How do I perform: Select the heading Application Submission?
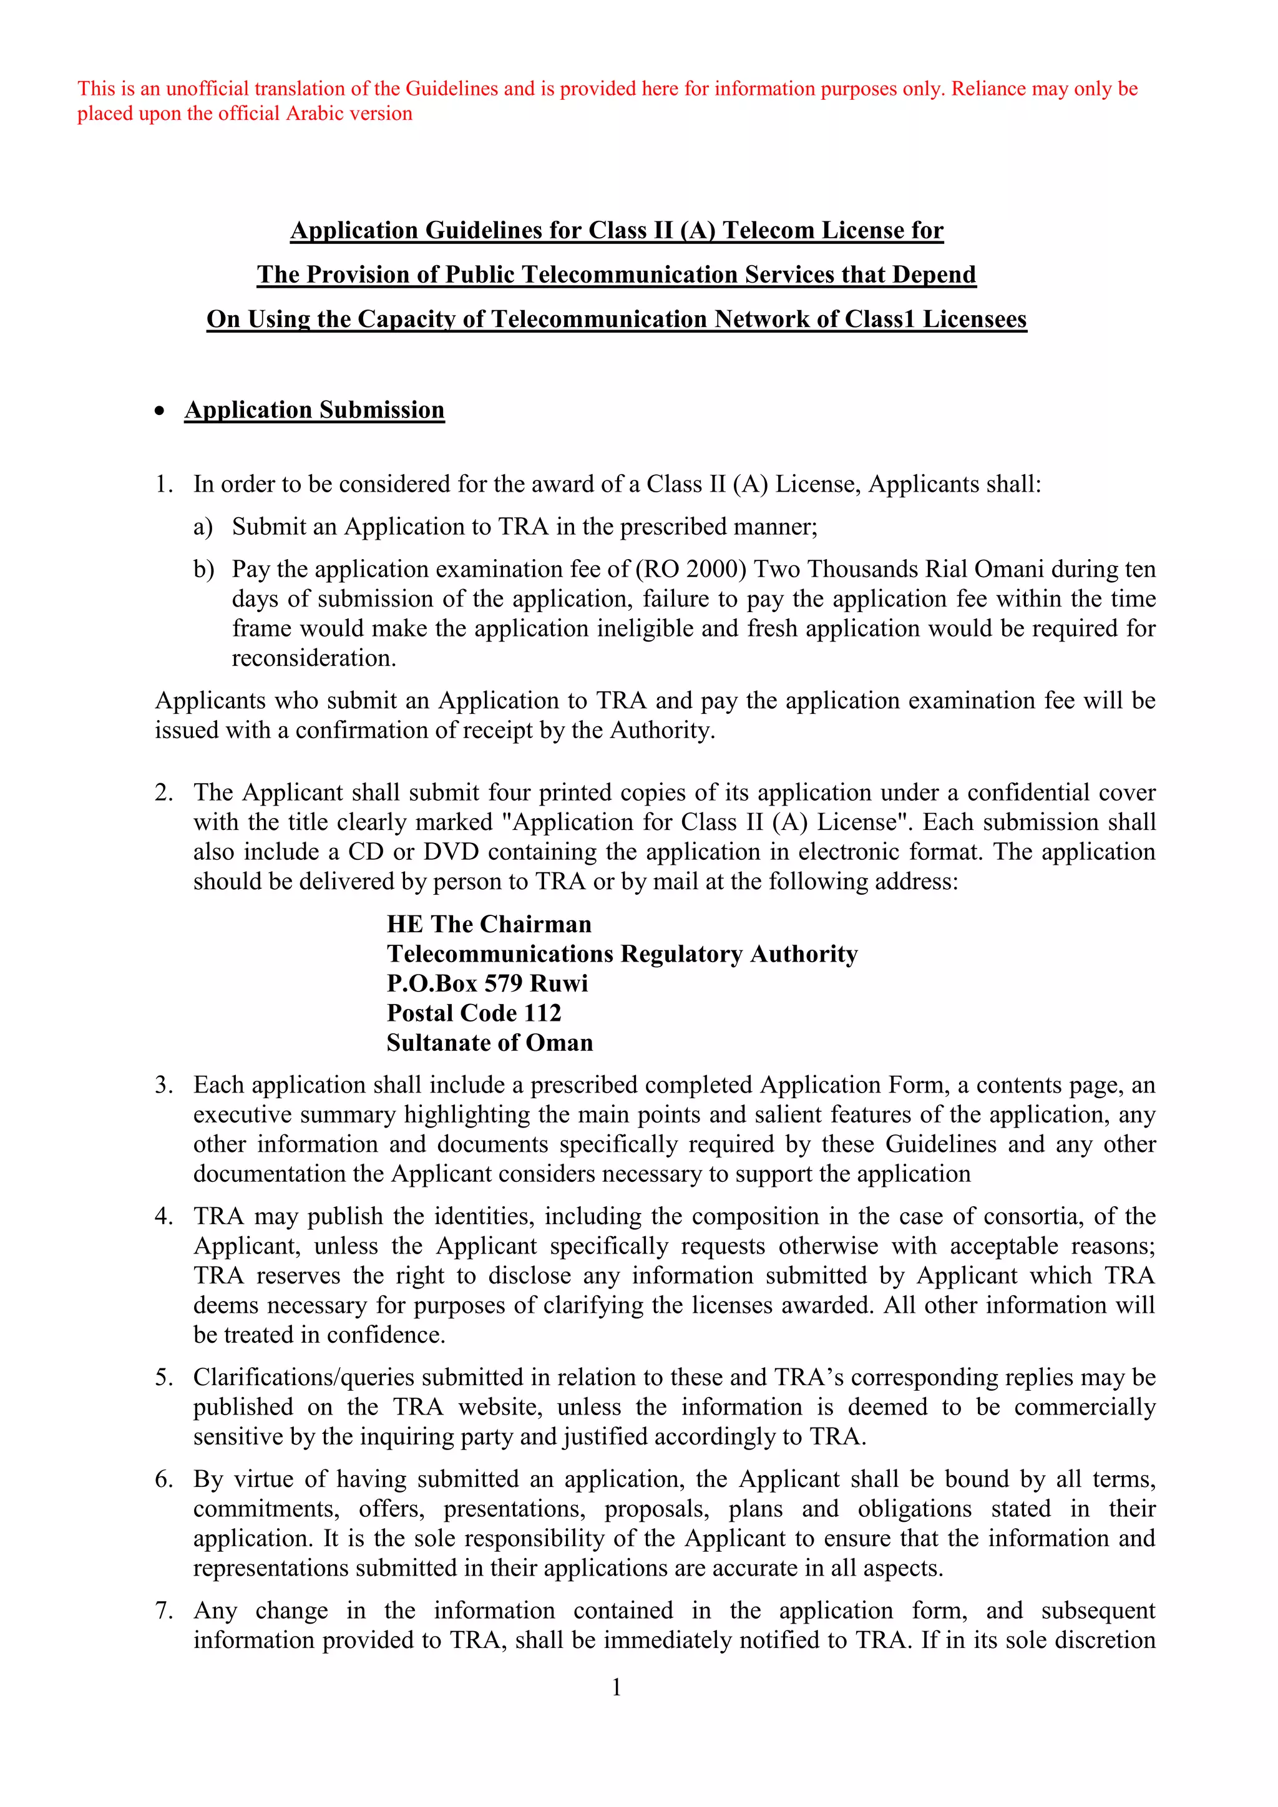314,410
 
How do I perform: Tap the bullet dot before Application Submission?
160,411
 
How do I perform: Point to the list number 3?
163,1085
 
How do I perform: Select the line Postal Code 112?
474,1013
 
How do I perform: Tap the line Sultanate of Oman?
489,1043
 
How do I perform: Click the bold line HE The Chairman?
489,924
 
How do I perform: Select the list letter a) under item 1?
203,527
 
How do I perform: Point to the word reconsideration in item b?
313,658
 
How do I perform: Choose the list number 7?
163,1611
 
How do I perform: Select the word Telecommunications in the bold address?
500,954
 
